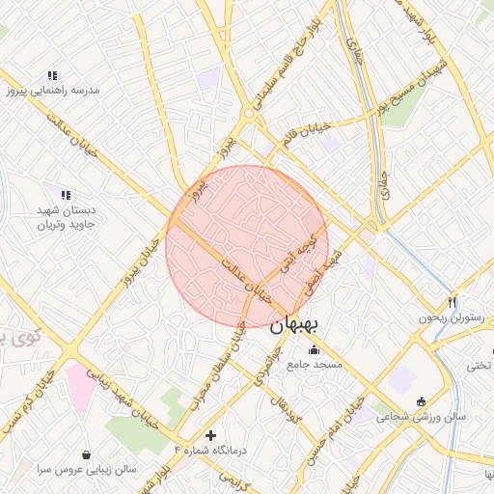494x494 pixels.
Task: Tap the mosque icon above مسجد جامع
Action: click(x=313, y=350)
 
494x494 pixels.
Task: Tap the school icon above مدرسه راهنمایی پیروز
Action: click(x=52, y=75)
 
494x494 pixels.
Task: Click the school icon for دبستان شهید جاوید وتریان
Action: click(x=66, y=195)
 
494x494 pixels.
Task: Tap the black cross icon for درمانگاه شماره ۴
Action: click(x=211, y=435)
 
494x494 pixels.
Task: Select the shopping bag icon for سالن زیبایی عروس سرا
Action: click(x=87, y=454)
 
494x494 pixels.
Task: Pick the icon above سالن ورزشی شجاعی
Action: click(x=421, y=401)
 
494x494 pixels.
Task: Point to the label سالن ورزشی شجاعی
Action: click(x=421, y=417)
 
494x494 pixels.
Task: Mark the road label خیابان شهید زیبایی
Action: click(x=122, y=397)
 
